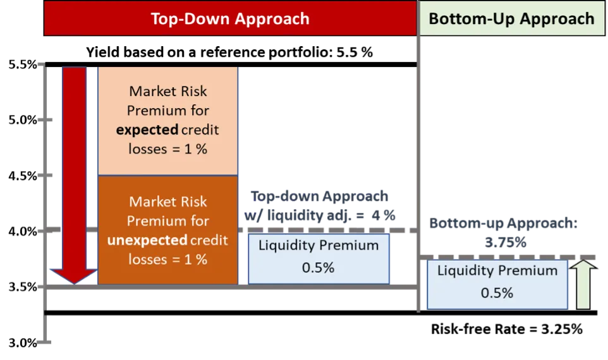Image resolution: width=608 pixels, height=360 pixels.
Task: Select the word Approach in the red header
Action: click(x=270, y=18)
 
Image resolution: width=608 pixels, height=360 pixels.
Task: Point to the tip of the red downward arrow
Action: click(x=74, y=280)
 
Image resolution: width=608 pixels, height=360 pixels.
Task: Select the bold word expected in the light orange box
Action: click(x=153, y=130)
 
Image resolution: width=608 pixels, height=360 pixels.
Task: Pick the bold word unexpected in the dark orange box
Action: click(x=147, y=241)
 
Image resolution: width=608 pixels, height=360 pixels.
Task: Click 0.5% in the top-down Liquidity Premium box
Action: click(x=318, y=267)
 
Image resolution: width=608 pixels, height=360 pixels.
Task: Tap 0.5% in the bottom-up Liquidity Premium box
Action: click(x=497, y=293)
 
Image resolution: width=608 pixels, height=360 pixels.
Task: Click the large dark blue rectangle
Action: click(x=327, y=126)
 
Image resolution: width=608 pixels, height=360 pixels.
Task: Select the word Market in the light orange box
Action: click(x=150, y=92)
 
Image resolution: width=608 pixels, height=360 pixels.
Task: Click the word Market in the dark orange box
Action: click(x=150, y=202)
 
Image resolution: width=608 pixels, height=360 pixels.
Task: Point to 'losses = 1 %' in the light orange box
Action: click(x=167, y=150)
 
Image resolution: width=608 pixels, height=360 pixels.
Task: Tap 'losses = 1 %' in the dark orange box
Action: click(x=167, y=260)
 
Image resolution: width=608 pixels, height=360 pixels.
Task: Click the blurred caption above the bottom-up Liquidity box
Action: click(x=504, y=232)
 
